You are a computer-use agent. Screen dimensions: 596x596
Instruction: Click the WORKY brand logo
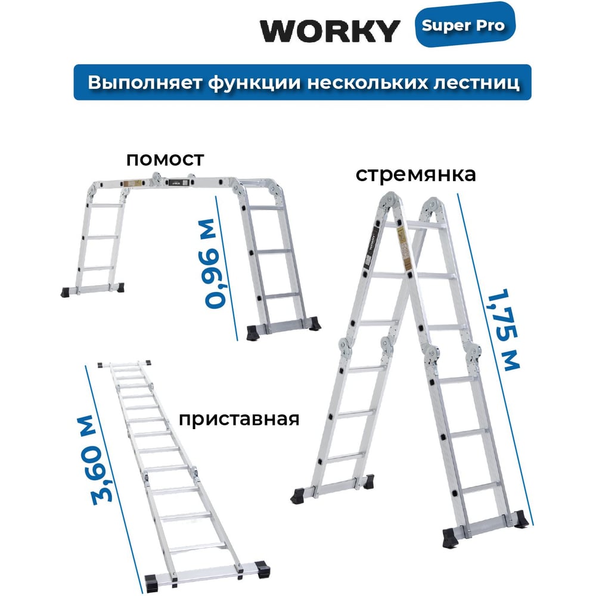pos(330,31)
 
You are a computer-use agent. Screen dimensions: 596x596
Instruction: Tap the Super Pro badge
pos(465,25)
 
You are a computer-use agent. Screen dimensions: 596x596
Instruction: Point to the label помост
pos(165,160)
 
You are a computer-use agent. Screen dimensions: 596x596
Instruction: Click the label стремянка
pos(415,175)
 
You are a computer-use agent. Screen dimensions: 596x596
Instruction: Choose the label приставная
pos(239,420)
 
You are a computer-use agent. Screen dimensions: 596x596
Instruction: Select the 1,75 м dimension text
pos(504,330)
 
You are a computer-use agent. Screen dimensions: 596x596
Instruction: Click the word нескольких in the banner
pos(367,82)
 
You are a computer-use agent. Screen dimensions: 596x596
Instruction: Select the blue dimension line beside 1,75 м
pos(495,359)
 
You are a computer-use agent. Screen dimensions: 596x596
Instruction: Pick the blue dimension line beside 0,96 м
pos(226,268)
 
